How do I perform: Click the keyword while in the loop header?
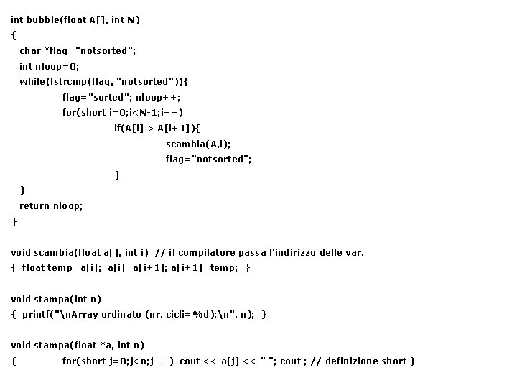pos(32,81)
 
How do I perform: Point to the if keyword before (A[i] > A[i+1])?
pos(118,128)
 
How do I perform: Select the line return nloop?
pos(51,205)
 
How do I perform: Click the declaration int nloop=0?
pos(50,66)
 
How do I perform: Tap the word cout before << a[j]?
pos(190,361)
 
